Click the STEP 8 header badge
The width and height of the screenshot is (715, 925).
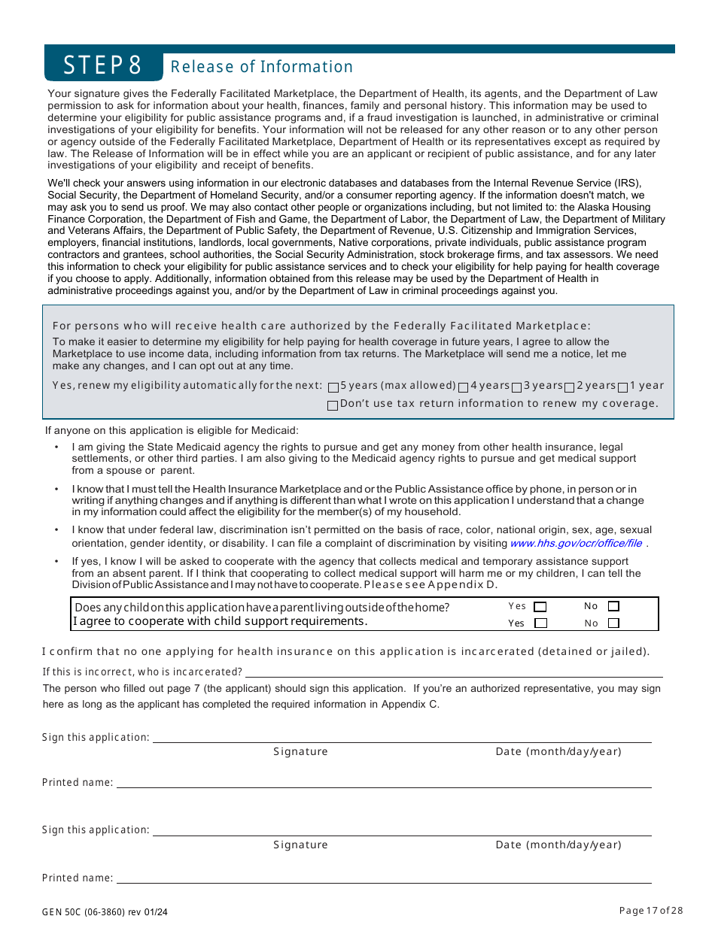click(x=103, y=65)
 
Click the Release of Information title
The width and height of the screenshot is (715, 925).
click(x=261, y=67)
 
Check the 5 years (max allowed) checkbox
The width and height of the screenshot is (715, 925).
click(x=333, y=387)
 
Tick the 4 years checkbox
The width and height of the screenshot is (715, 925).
click(x=464, y=387)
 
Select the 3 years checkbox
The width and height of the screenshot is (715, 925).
click(x=517, y=387)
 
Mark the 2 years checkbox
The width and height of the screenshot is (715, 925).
click(x=570, y=387)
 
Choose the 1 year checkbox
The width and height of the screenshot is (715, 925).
click(x=623, y=387)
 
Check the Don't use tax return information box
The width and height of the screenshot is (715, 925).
click(x=333, y=405)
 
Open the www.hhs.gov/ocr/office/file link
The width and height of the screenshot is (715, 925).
click(x=576, y=543)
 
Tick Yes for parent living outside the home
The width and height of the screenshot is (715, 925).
click(x=540, y=607)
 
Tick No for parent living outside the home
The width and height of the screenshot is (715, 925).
click(x=613, y=606)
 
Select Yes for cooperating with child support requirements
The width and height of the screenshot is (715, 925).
click(x=540, y=623)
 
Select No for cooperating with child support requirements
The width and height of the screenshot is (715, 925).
click(x=613, y=623)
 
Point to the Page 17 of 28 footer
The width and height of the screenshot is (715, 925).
click(x=651, y=911)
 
